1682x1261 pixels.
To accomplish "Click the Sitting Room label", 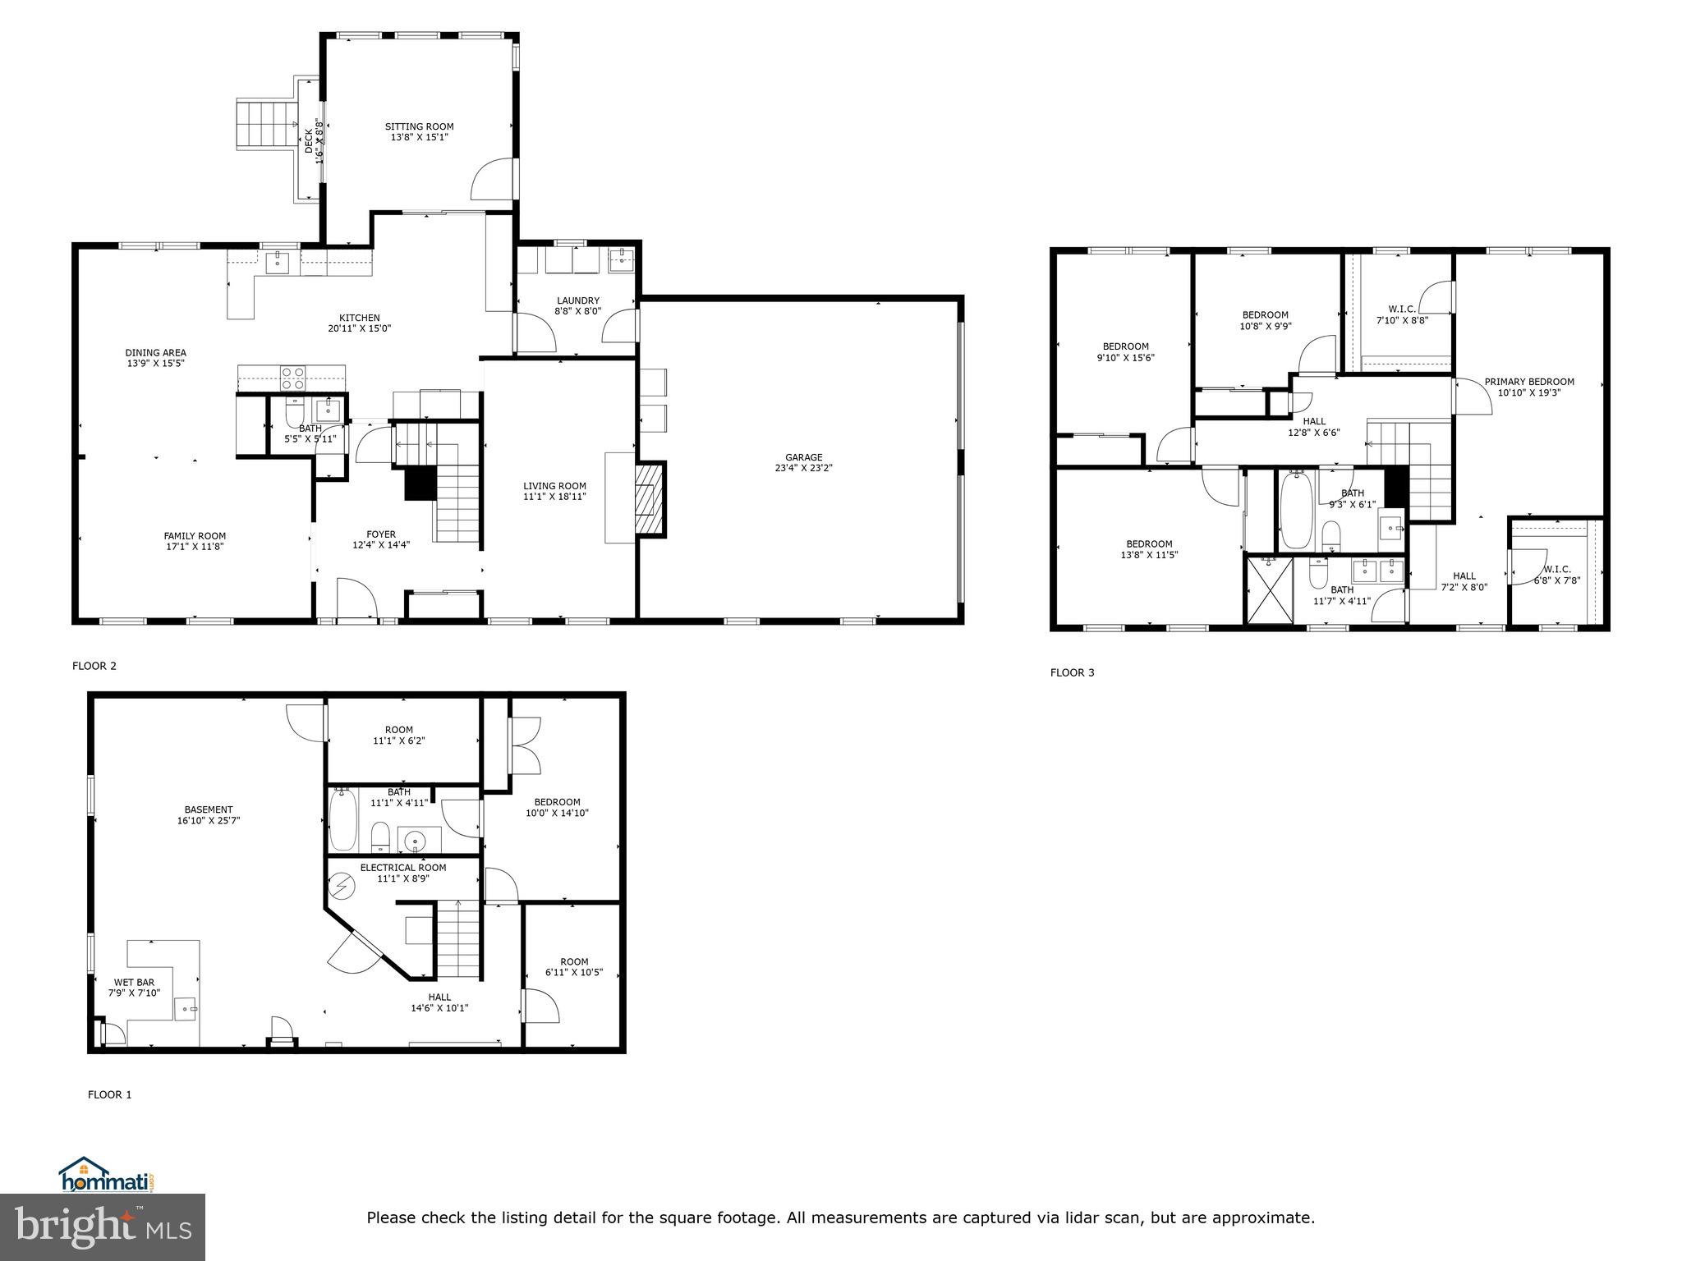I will click(419, 126).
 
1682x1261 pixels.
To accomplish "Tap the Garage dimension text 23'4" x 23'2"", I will click(803, 469).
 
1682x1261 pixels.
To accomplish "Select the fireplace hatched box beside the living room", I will click(648, 499).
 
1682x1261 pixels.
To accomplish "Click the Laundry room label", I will click(577, 300).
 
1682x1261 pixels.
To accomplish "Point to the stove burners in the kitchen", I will click(292, 378).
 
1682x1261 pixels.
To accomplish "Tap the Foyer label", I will click(380, 534).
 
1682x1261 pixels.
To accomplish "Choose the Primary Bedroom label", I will click(1528, 382).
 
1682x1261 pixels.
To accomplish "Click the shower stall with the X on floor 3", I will click(1270, 590).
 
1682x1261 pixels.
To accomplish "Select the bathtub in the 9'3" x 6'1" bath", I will click(1296, 509).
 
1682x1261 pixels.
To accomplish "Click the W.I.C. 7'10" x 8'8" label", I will click(1401, 310).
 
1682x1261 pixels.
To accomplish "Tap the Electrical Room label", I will click(402, 868).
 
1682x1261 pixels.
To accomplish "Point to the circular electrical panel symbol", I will click(341, 886).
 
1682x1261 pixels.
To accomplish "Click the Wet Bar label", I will click(134, 982).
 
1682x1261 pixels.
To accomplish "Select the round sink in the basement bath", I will click(416, 841).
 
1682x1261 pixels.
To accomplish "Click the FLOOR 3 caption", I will click(1072, 673).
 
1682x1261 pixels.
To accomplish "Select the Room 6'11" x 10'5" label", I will click(574, 962).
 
